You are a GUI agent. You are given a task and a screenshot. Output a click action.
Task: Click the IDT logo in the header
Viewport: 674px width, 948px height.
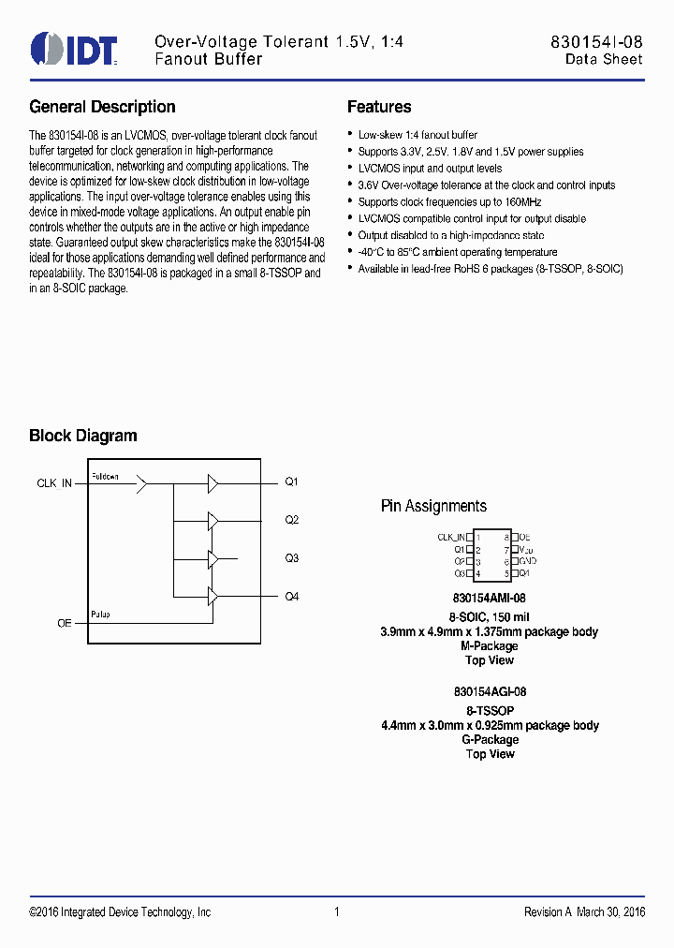[74, 49]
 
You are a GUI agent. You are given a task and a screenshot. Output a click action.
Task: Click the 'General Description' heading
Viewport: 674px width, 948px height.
[102, 107]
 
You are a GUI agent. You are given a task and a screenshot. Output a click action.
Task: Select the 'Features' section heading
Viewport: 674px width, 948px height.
[379, 107]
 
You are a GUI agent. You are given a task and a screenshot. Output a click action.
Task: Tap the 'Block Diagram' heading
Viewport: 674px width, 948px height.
[82, 436]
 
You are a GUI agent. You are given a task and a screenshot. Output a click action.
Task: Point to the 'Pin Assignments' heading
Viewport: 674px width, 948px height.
[433, 506]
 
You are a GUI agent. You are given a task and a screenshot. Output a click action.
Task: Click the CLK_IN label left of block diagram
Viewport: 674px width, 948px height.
[54, 483]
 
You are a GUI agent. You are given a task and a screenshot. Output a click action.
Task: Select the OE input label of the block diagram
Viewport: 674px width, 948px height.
[65, 622]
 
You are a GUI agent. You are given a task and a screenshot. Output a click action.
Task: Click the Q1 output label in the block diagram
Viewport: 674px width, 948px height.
[292, 482]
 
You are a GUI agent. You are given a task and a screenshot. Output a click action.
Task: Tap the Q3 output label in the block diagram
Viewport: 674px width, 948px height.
[292, 558]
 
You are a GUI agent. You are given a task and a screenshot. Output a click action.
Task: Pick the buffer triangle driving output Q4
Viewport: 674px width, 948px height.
[213, 596]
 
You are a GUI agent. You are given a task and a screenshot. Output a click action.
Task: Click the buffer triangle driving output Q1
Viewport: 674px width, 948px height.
[213, 483]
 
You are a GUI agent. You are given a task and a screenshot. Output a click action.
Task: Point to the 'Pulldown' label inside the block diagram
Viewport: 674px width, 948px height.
[105, 477]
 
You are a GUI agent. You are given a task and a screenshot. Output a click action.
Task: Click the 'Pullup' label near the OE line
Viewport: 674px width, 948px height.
[100, 615]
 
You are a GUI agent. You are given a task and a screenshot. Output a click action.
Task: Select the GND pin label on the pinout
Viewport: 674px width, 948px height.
[527, 560]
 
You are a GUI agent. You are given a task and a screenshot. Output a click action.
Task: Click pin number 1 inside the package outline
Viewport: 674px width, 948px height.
[477, 538]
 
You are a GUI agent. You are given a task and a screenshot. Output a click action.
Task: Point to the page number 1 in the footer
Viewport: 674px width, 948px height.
[336, 912]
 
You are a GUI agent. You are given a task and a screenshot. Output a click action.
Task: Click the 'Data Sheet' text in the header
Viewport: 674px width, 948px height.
[603, 59]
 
